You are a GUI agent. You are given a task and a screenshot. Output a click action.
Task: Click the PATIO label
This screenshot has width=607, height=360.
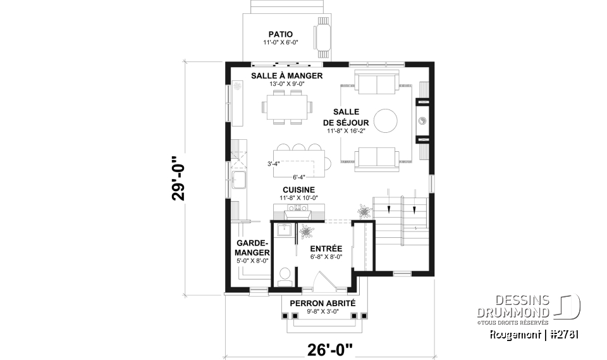(280, 34)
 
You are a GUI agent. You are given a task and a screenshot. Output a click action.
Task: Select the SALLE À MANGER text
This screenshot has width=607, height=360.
(286, 75)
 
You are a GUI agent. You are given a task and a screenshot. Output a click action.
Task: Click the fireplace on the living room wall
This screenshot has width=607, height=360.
(422, 120)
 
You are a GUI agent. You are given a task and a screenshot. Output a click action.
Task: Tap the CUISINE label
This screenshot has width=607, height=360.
(298, 189)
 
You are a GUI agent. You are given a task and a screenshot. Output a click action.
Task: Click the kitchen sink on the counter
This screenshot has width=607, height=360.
(240, 180)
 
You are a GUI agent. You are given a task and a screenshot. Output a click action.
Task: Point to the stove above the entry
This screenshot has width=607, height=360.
(298, 208)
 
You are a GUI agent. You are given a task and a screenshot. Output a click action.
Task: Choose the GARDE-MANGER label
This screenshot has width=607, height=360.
(253, 248)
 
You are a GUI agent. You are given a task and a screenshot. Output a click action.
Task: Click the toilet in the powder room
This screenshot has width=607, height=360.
(285, 273)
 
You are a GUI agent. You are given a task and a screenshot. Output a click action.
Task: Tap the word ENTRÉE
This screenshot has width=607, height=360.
(326, 249)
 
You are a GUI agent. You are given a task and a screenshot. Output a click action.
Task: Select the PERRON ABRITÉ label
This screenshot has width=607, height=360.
(322, 303)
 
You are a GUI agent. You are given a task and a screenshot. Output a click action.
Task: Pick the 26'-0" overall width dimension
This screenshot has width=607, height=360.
(329, 347)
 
